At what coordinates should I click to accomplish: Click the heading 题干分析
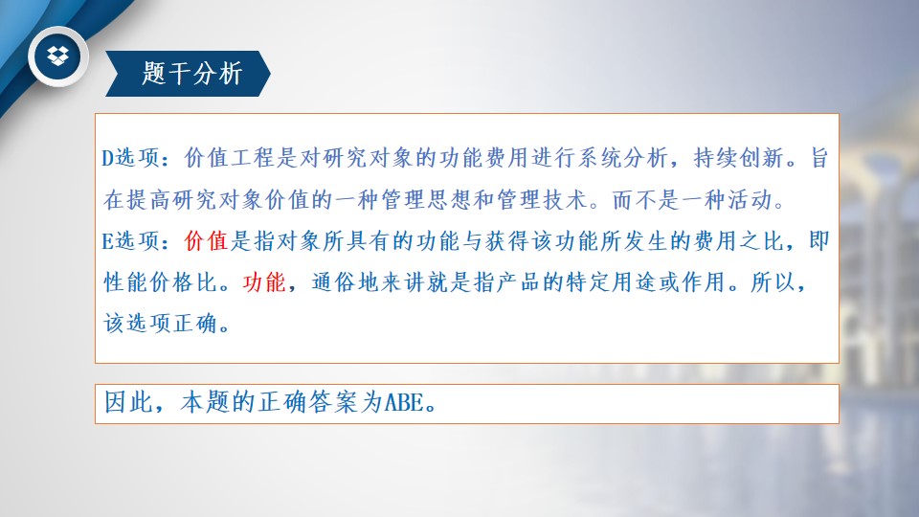191,74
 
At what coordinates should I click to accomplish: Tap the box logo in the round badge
58,56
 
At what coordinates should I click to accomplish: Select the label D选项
130,158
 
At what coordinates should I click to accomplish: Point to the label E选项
130,240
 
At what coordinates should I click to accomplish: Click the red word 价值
206,240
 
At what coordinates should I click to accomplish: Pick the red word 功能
264,281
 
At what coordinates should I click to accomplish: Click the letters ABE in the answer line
403,402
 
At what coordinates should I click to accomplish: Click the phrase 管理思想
426,200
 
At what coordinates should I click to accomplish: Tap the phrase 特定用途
612,281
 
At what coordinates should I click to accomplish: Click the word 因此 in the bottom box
128,402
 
